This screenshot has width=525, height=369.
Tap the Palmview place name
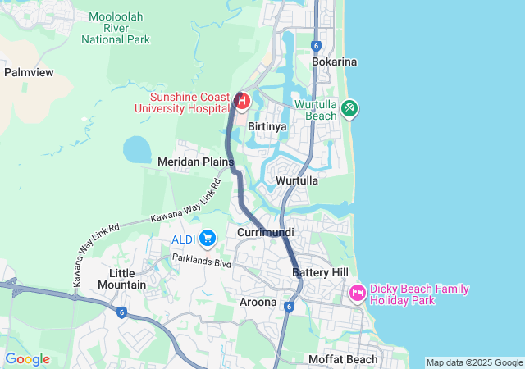click(x=29, y=72)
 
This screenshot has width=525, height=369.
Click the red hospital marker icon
click(x=242, y=101)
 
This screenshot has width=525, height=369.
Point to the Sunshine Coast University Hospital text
click(x=189, y=102)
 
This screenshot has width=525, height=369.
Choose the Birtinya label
click(x=267, y=127)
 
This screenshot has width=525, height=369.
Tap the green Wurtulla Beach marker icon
click(x=349, y=107)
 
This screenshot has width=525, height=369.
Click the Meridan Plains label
click(x=195, y=162)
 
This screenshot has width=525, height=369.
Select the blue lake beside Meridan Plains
click(x=137, y=149)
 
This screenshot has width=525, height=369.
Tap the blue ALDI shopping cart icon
click(x=208, y=238)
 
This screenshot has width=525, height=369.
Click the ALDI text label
click(x=182, y=239)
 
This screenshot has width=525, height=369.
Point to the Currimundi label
click(x=265, y=233)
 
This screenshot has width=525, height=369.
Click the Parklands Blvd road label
click(x=201, y=260)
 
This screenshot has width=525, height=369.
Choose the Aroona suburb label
click(x=258, y=303)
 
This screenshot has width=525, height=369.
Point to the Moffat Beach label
click(x=343, y=359)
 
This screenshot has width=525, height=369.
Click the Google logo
click(x=27, y=359)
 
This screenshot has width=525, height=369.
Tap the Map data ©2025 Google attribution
click(x=474, y=362)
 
